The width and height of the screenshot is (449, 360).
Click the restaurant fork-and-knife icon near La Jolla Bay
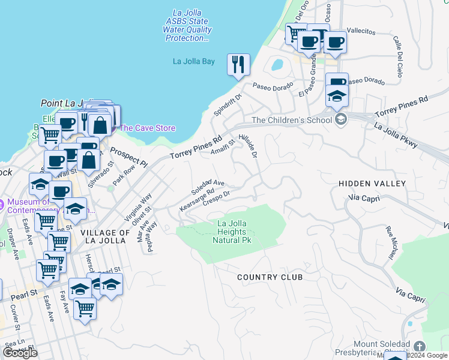coord(238,64)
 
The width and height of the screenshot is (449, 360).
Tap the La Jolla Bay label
coord(193,61)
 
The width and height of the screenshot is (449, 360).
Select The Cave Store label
coord(147,128)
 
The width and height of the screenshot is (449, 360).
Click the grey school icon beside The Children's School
coord(342,119)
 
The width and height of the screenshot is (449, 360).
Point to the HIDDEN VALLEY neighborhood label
coord(372,183)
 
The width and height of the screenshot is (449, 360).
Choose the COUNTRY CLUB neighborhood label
coord(270,277)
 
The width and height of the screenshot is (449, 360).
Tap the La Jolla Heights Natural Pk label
coord(231,232)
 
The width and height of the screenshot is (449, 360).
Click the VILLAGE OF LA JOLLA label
coord(105,236)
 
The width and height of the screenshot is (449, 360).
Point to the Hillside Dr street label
coord(248,146)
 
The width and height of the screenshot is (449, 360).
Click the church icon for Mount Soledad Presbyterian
coord(419,346)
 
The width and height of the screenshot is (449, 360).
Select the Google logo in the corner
coord(20,353)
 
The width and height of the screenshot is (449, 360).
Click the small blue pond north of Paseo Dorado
coord(277,64)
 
